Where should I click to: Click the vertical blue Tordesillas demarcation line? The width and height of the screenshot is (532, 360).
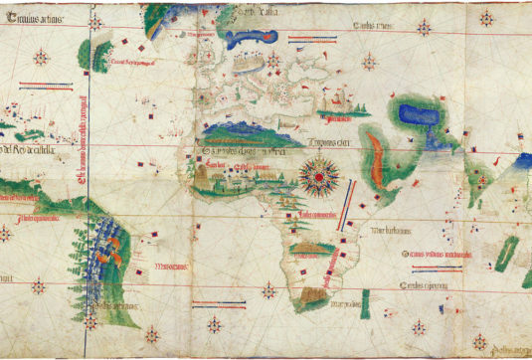point(89,179)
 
